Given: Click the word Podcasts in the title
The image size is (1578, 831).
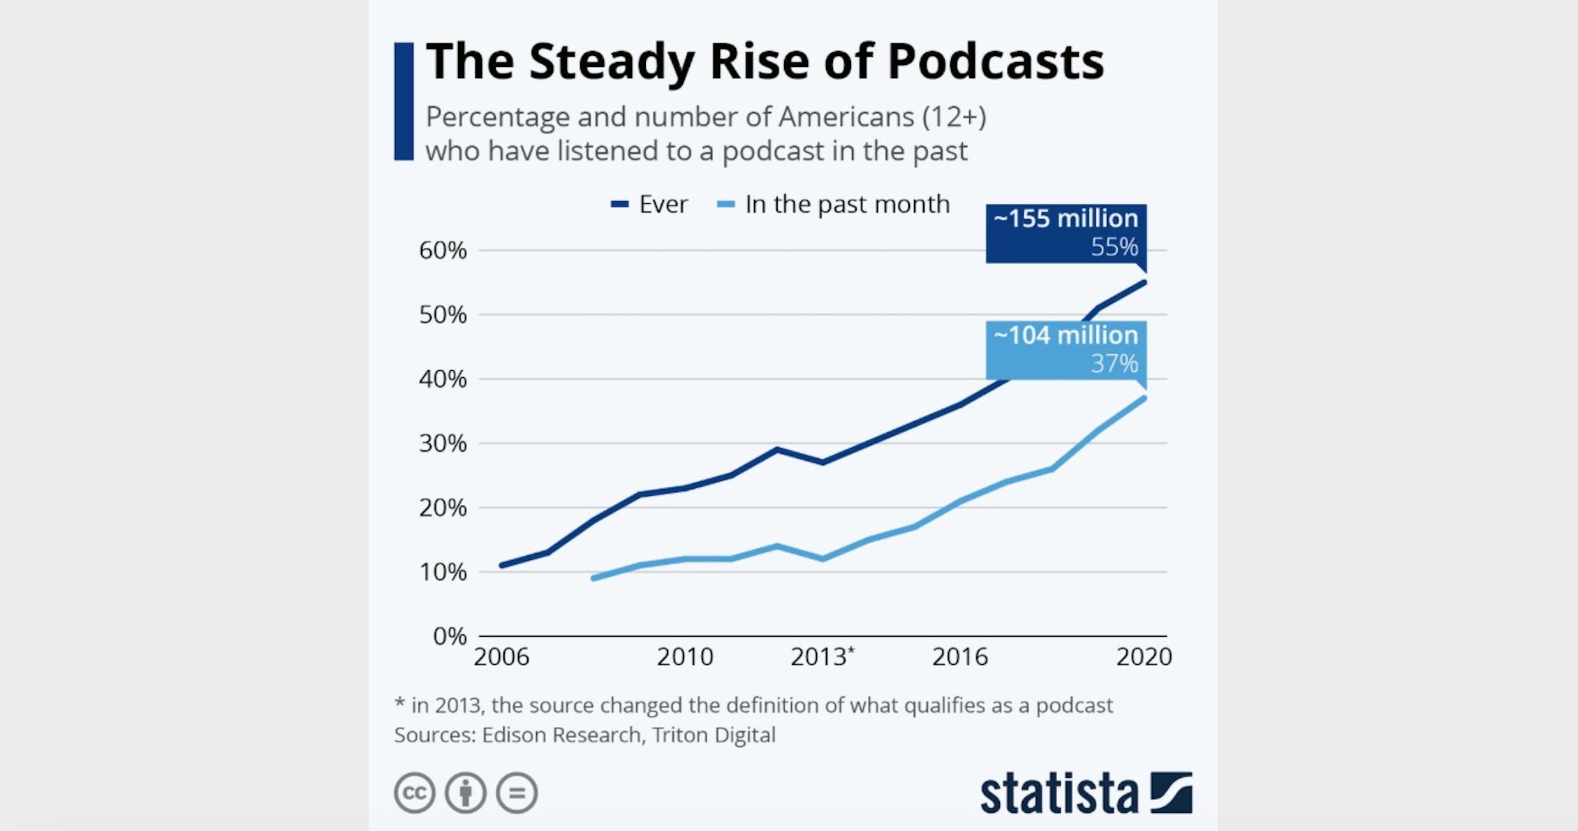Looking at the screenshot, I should (x=996, y=61).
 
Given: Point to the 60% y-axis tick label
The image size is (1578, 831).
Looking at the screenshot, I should (x=443, y=250).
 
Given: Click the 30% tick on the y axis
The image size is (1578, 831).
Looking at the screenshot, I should (x=443, y=443).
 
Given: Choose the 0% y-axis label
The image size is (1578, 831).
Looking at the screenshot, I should (x=449, y=636).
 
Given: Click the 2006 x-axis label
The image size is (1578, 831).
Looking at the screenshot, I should (x=501, y=657).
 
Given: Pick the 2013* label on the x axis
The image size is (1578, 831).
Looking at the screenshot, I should (x=822, y=657).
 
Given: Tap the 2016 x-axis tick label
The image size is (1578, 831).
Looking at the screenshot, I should (x=960, y=657).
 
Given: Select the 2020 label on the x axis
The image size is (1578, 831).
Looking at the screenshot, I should (x=1144, y=657).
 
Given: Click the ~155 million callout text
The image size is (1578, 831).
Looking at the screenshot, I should (x=1065, y=219).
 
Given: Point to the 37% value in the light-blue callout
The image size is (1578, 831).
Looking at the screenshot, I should (x=1114, y=364).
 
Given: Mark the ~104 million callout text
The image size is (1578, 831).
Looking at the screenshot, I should (x=1065, y=335).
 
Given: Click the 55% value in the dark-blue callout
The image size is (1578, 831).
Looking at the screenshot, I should (x=1114, y=247).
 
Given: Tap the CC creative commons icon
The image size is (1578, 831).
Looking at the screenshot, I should (x=415, y=793).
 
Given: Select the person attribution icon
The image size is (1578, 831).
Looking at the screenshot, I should (x=466, y=793).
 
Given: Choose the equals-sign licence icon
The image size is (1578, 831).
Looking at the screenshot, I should (x=517, y=793).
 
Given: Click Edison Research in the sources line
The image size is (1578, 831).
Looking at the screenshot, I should (x=561, y=735).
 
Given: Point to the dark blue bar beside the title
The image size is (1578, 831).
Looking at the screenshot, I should (x=404, y=101).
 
